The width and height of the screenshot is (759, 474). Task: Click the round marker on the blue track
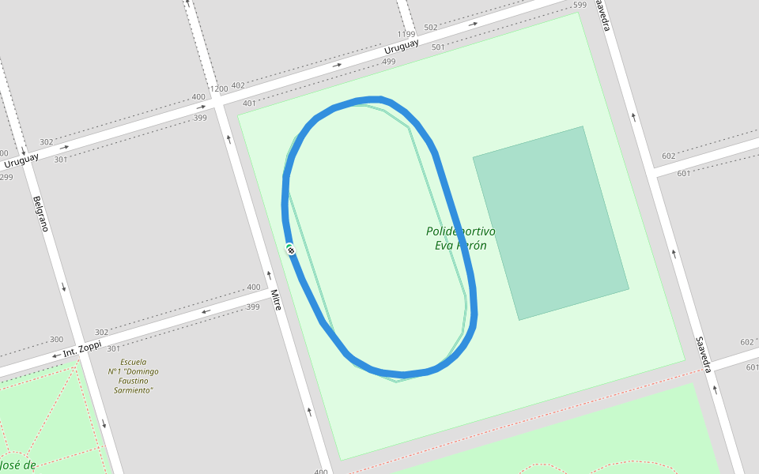tap(291, 250)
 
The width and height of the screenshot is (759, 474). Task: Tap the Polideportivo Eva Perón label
tap(460, 239)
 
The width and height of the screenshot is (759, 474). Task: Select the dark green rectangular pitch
tap(551, 223)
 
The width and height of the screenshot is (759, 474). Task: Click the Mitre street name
tap(276, 300)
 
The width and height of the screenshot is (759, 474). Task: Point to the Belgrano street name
tap(41, 213)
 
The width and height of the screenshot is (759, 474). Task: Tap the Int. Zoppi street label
tap(82, 348)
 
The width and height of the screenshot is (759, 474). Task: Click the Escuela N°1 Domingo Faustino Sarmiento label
tap(133, 376)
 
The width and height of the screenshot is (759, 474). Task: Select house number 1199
tap(406, 35)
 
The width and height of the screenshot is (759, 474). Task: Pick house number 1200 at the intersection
tap(218, 88)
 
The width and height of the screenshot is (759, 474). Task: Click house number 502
tap(430, 28)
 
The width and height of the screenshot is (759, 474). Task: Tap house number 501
tap(438, 47)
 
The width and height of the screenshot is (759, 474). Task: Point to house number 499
tap(388, 62)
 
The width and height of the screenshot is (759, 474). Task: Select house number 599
tap(580, 6)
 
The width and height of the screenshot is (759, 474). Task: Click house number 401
tap(249, 103)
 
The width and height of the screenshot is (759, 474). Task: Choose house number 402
tap(237, 85)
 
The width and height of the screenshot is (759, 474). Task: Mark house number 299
tap(6, 177)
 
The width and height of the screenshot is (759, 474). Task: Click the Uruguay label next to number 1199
tap(404, 46)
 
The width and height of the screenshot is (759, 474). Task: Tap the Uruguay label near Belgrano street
tap(21, 160)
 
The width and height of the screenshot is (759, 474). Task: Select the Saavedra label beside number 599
tap(602, 16)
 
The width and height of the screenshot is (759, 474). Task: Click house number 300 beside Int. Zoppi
tap(56, 340)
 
